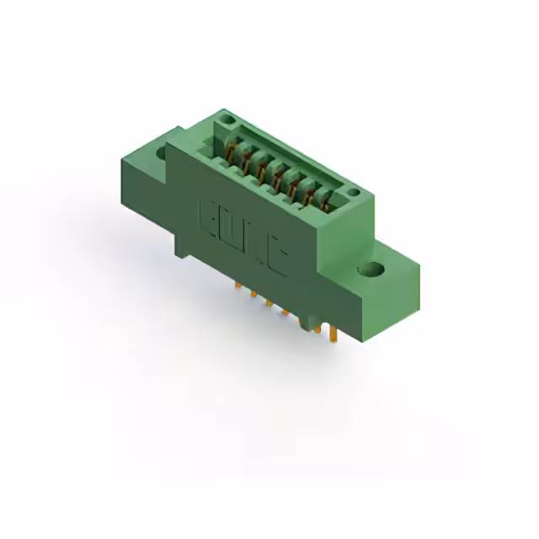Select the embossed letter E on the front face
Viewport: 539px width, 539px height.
(x=207, y=216)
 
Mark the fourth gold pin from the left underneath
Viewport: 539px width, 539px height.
(x=285, y=313)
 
